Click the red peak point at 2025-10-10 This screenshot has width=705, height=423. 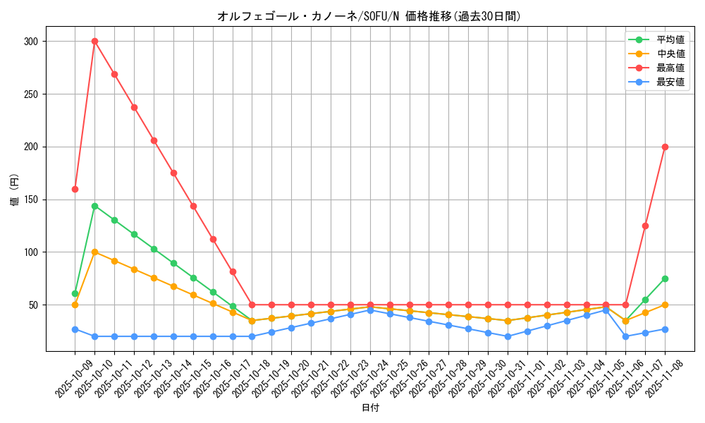pyautogui.click(x=94, y=41)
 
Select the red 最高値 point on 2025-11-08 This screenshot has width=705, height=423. pyautogui.click(x=665, y=147)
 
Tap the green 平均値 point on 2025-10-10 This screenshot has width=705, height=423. pyautogui.click(x=94, y=206)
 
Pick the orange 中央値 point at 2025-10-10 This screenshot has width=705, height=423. pyautogui.click(x=94, y=252)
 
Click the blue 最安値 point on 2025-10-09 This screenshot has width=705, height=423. pyautogui.click(x=75, y=329)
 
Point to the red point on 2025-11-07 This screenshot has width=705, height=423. pyautogui.click(x=645, y=226)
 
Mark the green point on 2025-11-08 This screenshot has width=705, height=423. pyautogui.click(x=665, y=278)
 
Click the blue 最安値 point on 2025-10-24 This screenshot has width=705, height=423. pyautogui.click(x=370, y=310)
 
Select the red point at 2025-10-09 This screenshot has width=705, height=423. pyautogui.click(x=75, y=189)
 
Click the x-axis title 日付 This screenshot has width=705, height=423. pyautogui.click(x=370, y=408)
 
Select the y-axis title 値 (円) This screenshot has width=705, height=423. pyautogui.click(x=15, y=190)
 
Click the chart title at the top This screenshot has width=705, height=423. pyautogui.click(x=370, y=16)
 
